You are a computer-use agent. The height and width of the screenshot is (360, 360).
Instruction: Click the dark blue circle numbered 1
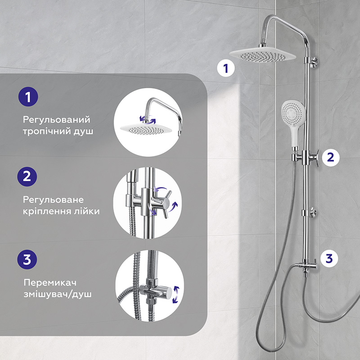(28, 97)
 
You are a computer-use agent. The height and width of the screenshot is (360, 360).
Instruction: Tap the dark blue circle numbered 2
(27, 176)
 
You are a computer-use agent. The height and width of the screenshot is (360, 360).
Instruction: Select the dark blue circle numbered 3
(27, 260)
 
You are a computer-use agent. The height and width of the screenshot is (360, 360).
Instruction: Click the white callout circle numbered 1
(226, 68)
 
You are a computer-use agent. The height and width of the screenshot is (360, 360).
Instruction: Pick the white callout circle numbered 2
(331, 157)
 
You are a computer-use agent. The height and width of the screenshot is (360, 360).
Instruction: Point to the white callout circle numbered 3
(329, 258)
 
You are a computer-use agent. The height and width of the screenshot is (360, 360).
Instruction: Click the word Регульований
(57, 120)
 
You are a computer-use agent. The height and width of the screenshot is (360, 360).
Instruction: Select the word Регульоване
(53, 200)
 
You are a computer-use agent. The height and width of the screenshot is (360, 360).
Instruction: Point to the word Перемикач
(50, 283)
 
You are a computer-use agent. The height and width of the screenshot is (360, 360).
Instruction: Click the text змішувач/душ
(58, 294)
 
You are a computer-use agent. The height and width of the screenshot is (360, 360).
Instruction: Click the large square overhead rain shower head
(262, 55)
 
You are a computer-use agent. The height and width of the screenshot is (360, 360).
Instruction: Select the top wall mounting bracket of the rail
(314, 62)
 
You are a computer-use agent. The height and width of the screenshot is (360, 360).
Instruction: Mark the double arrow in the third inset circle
(176, 295)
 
